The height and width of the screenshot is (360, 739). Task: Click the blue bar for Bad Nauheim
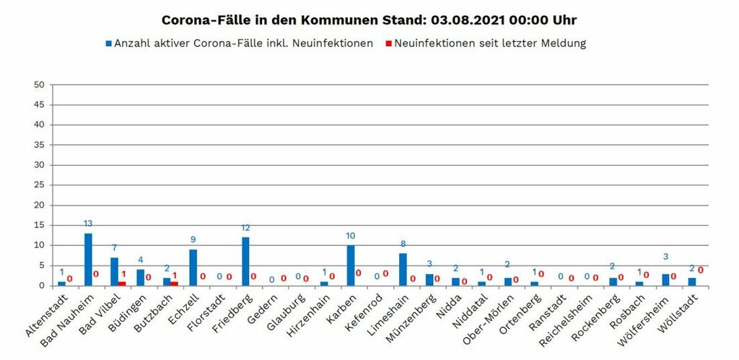(x=88, y=260)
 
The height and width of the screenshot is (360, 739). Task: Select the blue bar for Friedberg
(x=245, y=262)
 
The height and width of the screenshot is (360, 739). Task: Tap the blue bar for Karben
(x=351, y=265)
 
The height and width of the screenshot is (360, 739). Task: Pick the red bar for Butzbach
(x=174, y=283)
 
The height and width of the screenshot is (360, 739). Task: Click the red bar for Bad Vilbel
(x=122, y=283)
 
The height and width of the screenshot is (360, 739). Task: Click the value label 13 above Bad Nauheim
(x=88, y=223)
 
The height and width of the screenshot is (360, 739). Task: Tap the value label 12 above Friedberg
(x=245, y=227)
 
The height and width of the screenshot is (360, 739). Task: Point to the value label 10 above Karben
(x=351, y=235)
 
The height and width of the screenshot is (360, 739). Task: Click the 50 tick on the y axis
(x=40, y=85)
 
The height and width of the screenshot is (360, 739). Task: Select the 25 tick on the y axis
(x=40, y=185)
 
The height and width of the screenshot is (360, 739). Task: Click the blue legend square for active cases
(x=108, y=43)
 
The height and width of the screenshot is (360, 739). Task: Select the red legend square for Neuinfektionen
(x=387, y=43)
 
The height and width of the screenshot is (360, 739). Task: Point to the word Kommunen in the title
(x=318, y=19)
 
